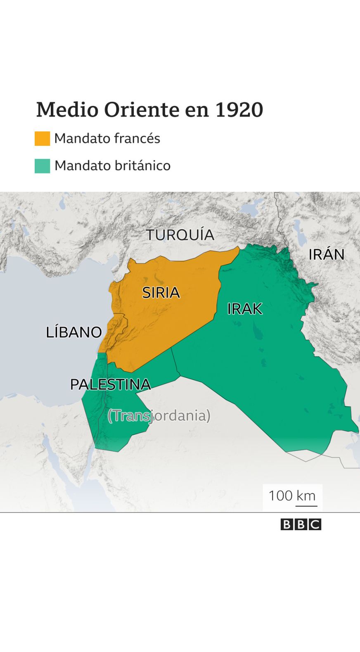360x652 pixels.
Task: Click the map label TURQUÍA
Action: [x=180, y=235]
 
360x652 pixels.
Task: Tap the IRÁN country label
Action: [x=326, y=254]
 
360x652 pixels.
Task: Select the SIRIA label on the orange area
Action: [x=161, y=293]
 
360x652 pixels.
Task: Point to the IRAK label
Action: [x=244, y=309]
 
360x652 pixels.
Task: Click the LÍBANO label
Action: [x=74, y=332]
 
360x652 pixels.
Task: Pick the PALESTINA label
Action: [x=110, y=384]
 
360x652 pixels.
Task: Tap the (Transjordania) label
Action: [x=159, y=415]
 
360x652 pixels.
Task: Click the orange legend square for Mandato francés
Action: [x=42, y=138]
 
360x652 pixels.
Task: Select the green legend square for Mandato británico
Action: [x=42, y=166]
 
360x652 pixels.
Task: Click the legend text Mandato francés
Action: [x=107, y=138]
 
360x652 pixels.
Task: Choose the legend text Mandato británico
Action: [x=112, y=166]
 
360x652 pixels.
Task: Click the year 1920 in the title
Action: [x=239, y=110]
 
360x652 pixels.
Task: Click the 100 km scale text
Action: [x=292, y=496]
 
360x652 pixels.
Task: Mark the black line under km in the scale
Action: [x=306, y=505]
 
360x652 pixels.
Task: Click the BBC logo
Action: [x=301, y=524]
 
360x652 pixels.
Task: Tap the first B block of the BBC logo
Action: [x=287, y=524]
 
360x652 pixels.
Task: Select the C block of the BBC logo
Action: [x=315, y=524]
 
